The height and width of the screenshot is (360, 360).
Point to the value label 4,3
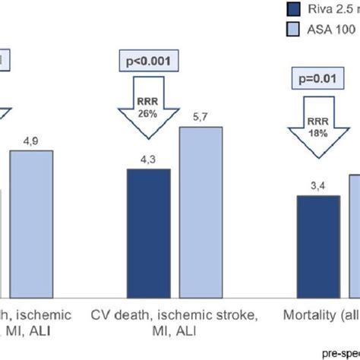pyautogui.click(x=148, y=160)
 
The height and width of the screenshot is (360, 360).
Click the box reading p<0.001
pyautogui.click(x=149, y=58)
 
